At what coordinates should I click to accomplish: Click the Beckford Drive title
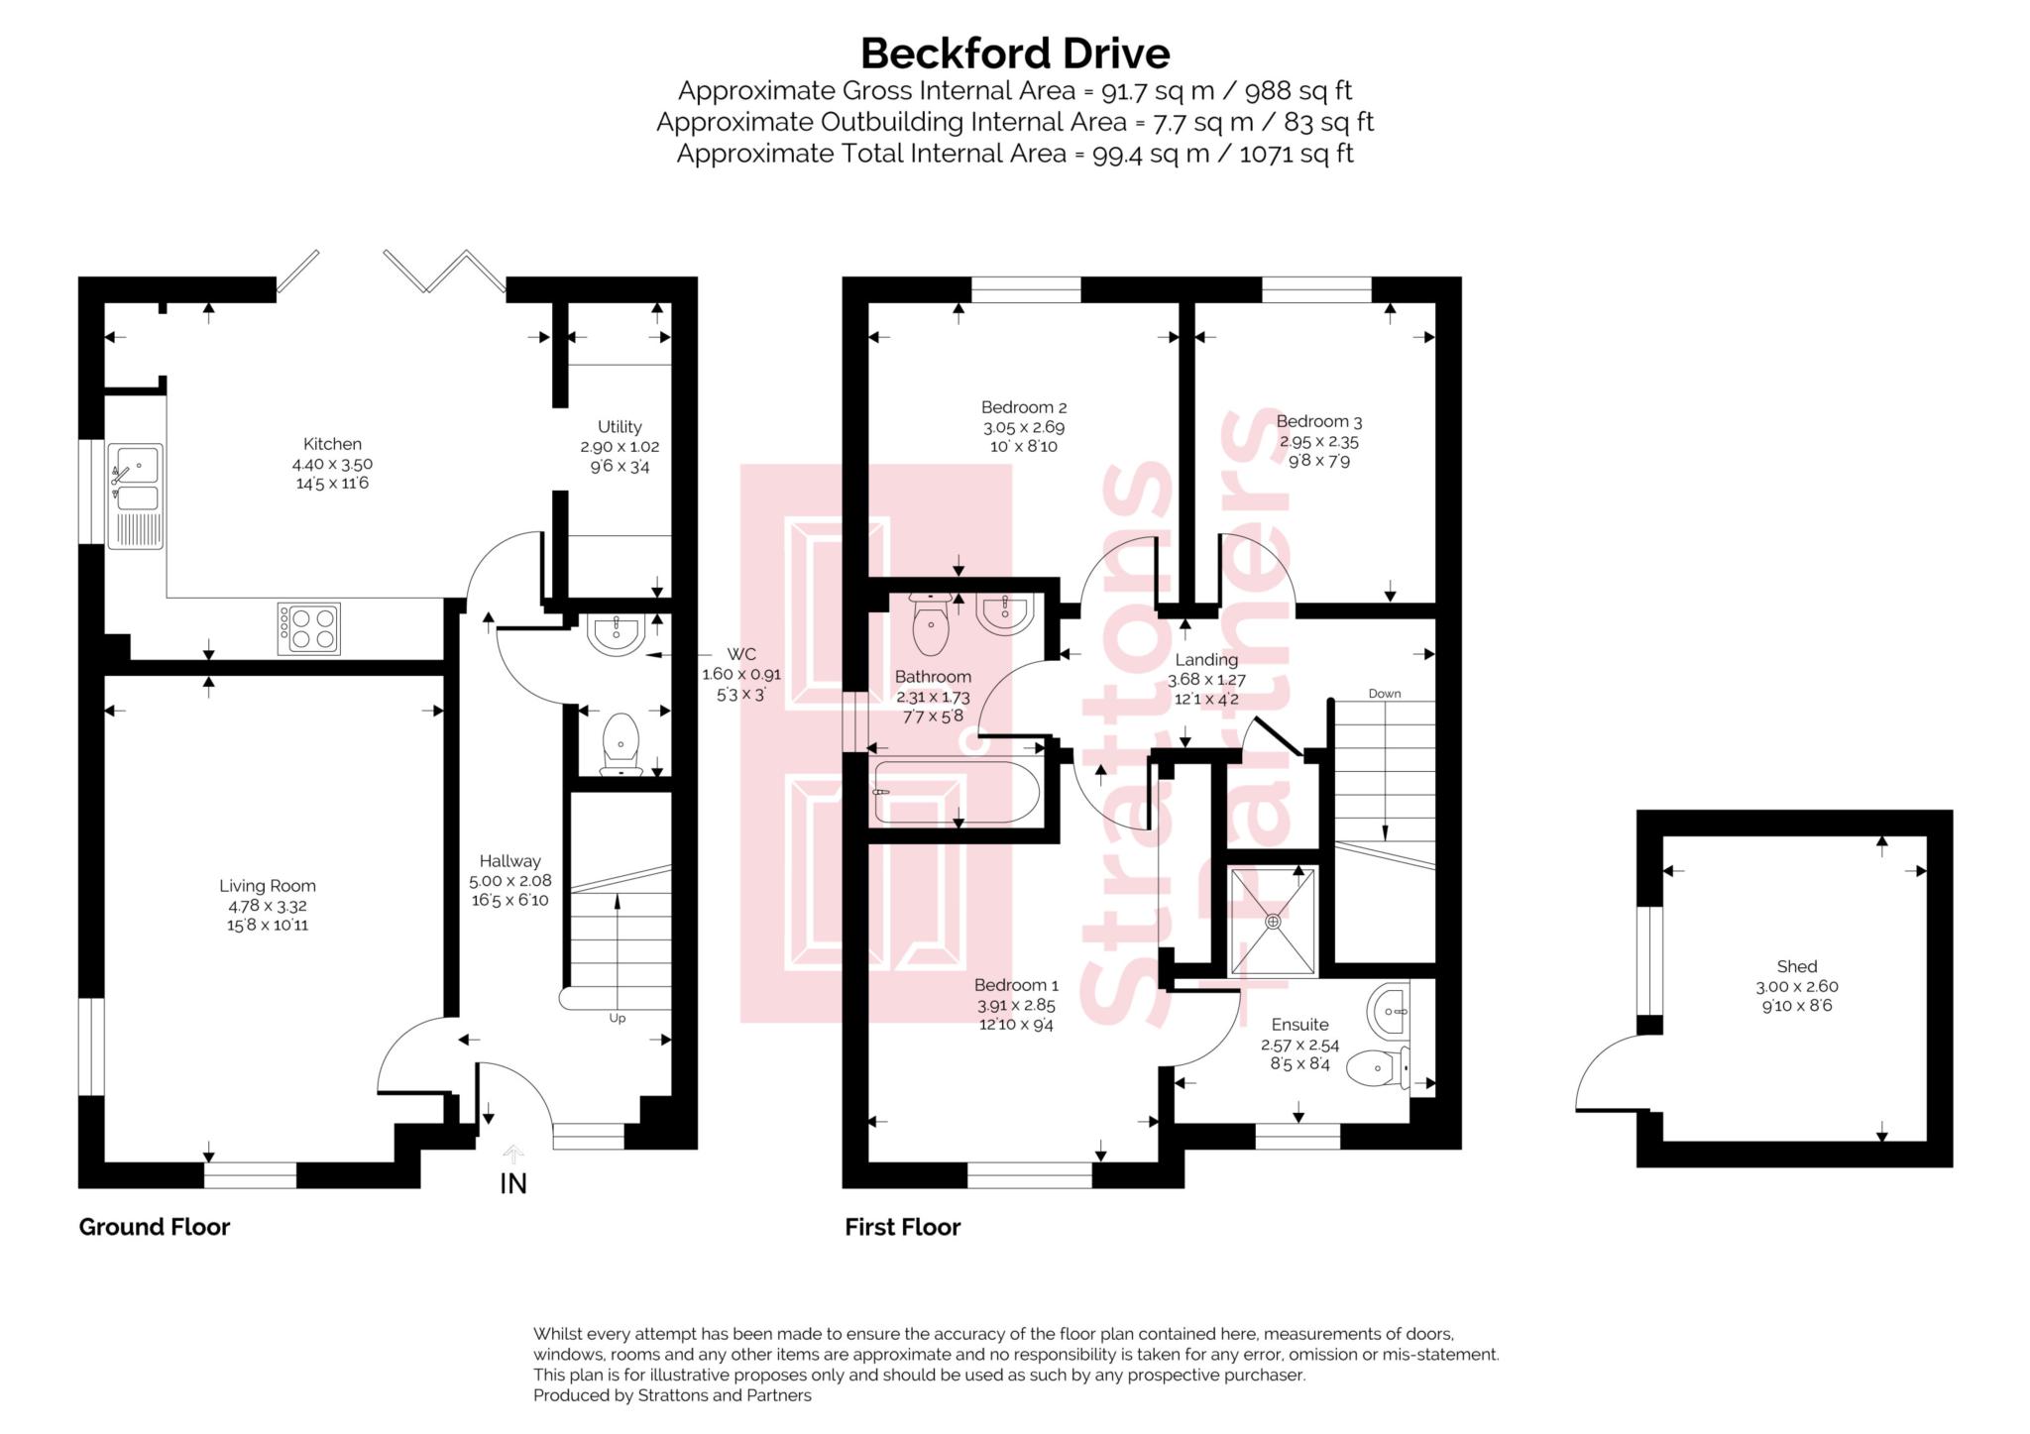click(x=1014, y=54)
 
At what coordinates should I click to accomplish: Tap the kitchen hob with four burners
click(x=309, y=628)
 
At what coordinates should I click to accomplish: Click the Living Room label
click(x=268, y=886)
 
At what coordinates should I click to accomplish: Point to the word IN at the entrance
click(x=512, y=1183)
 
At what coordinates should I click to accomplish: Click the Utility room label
click(x=620, y=427)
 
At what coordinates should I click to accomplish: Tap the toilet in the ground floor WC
click(x=620, y=742)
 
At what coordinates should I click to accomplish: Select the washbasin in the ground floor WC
click(x=617, y=633)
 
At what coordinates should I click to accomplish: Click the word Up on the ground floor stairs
click(x=617, y=1018)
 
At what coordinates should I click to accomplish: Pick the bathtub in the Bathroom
click(x=956, y=792)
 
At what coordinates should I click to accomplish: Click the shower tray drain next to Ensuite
click(x=1273, y=922)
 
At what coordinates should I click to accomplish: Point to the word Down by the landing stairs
click(x=1384, y=694)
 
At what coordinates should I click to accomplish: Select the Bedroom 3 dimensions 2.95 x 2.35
click(x=1318, y=442)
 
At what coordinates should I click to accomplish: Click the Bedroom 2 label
click(x=1024, y=407)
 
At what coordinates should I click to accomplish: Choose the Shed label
click(x=1796, y=966)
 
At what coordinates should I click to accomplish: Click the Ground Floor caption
click(x=155, y=1227)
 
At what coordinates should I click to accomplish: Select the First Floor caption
click(x=902, y=1227)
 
